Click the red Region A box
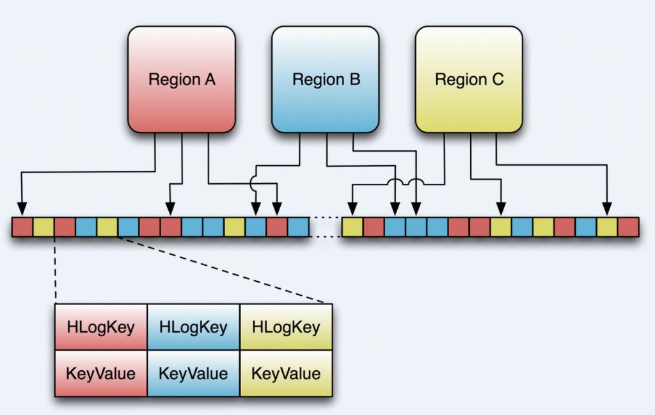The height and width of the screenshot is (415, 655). click(x=182, y=79)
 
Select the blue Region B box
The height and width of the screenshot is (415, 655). click(x=326, y=79)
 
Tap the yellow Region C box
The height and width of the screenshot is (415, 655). click(x=469, y=79)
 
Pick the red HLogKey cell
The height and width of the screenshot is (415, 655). click(x=101, y=327)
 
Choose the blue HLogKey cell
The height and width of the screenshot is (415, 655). click(x=193, y=327)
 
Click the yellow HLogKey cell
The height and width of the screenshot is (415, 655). click(x=286, y=327)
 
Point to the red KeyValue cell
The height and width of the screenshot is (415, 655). click(x=101, y=373)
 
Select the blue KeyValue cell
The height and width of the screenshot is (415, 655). click(x=193, y=373)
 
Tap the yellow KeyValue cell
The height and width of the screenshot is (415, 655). click(x=286, y=373)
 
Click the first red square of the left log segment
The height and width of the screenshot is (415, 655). click(x=22, y=227)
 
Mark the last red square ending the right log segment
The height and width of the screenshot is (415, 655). click(x=628, y=227)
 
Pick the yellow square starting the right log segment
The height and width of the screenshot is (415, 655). click(x=352, y=227)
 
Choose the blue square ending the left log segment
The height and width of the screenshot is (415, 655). click(x=298, y=227)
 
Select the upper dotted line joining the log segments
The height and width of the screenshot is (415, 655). click(x=325, y=218)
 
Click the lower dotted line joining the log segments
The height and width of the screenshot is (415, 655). click(x=325, y=237)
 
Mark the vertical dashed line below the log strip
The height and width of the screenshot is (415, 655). click(x=56, y=269)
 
